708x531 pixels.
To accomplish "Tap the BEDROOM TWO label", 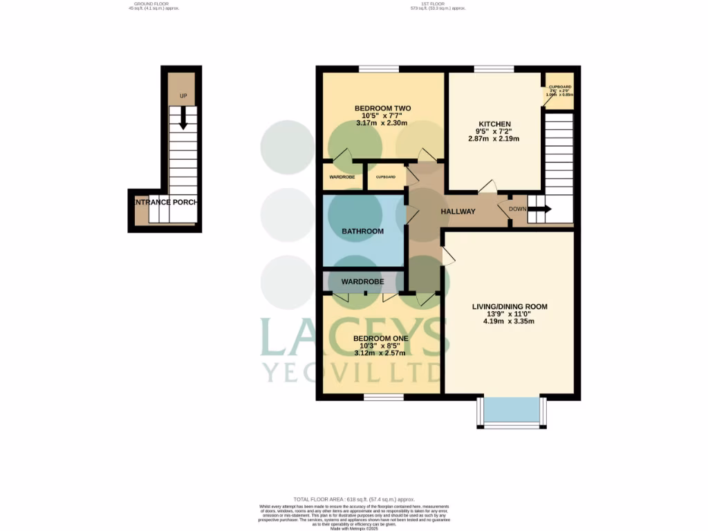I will (382, 109).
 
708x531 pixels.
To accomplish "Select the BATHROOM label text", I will (362, 231).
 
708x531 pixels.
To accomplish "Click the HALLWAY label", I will (458, 212).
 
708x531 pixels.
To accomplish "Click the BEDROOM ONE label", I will (380, 338).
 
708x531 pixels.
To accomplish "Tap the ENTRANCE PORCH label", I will (165, 202).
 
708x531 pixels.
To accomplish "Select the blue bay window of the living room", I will (511, 410).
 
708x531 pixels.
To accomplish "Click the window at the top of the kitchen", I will (494, 68).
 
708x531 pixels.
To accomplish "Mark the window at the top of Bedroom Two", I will (378, 68).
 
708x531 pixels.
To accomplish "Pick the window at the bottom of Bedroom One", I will (384, 398).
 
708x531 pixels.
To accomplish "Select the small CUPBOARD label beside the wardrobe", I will (386, 177).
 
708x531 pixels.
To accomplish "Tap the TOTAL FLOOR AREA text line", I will (353, 499).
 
